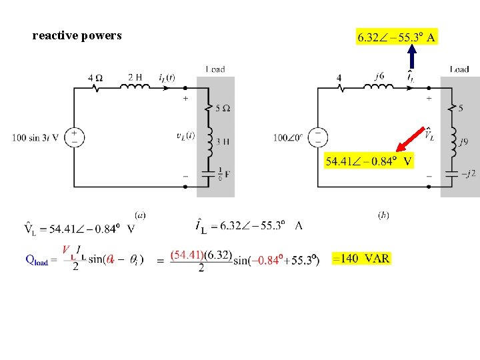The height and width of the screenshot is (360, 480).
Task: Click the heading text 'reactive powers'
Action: pyautogui.click(x=77, y=36)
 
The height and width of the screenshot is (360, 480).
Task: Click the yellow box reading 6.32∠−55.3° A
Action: pyautogui.click(x=397, y=37)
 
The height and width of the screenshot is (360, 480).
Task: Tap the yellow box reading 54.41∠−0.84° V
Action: pyautogui.click(x=369, y=161)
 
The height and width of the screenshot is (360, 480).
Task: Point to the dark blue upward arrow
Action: pyautogui.click(x=412, y=57)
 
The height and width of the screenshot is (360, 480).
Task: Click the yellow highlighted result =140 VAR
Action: pyautogui.click(x=361, y=258)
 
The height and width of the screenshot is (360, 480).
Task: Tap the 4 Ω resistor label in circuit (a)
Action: pyautogui.click(x=95, y=77)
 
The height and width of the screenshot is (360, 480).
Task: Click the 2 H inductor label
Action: pyautogui.click(x=135, y=77)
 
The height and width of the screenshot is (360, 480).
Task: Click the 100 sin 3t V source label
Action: pyautogui.click(x=35, y=138)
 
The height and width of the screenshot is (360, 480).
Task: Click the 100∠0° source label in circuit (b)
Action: pyautogui.click(x=287, y=138)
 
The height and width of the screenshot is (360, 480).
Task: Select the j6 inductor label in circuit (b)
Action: pyautogui.click(x=379, y=76)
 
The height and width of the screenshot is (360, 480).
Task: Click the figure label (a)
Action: pyautogui.click(x=140, y=215)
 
